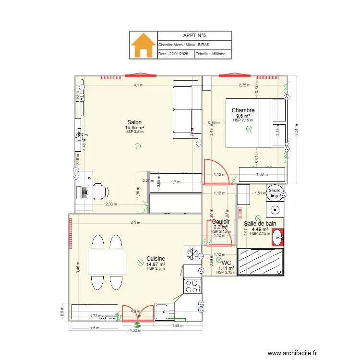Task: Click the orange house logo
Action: click(x=144, y=45)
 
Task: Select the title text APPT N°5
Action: click(x=194, y=36)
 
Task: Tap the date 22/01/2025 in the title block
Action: click(x=176, y=54)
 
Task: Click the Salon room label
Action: click(x=134, y=122)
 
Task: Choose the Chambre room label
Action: click(x=243, y=110)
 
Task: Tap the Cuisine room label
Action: click(x=156, y=258)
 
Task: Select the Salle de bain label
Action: click(x=260, y=223)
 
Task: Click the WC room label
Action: click(x=227, y=263)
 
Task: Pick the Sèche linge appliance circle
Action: click(x=275, y=193)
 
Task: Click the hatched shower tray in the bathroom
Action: click(x=261, y=262)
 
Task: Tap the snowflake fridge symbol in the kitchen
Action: click(x=193, y=254)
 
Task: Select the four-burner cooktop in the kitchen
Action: click(x=193, y=286)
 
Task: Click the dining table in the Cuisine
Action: click(x=107, y=262)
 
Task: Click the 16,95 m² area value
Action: click(x=134, y=128)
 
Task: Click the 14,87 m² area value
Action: click(x=156, y=264)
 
